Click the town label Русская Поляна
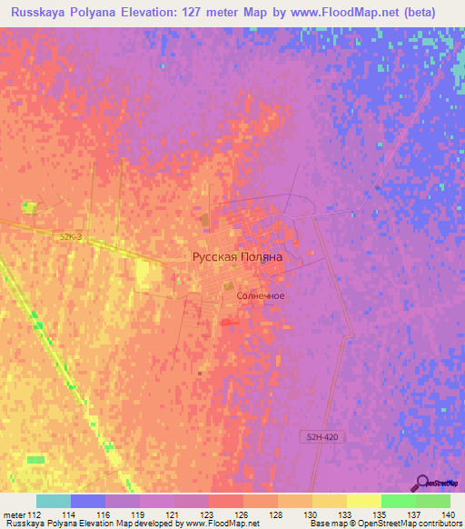[x=237, y=257]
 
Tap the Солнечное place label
[x=261, y=296]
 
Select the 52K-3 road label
[x=71, y=236]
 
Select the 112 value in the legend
[x=35, y=514]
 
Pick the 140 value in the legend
[x=449, y=514]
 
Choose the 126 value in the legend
[x=242, y=514]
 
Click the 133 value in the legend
[x=345, y=514]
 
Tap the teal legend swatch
[x=53, y=501]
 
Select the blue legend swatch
[x=87, y=501]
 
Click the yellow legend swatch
[x=363, y=501]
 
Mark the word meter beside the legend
[x=12, y=514]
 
